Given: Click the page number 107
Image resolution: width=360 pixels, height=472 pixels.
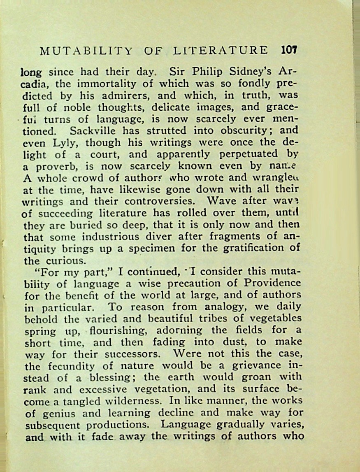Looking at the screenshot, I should coord(289,50).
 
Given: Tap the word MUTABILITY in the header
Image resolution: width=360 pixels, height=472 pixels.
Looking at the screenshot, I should coord(86,51).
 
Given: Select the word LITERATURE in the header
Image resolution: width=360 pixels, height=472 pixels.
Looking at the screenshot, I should coord(220,51).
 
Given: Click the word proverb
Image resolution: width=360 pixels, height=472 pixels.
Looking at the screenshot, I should coord(55,167).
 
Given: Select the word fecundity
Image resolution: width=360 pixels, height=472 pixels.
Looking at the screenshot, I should coord(69,366).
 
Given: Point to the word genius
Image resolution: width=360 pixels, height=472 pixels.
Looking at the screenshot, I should coord(51,414).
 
